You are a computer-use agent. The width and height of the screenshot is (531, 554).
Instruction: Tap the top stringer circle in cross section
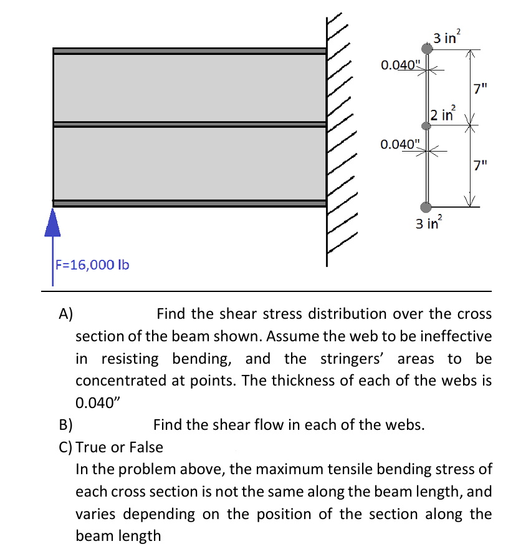pyautogui.click(x=426, y=48)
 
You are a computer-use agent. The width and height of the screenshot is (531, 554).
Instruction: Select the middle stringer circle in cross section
pyautogui.click(x=426, y=125)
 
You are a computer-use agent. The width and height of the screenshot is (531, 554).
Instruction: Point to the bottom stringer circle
pyautogui.click(x=426, y=207)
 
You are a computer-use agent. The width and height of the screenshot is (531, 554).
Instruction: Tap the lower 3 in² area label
pyautogui.click(x=429, y=223)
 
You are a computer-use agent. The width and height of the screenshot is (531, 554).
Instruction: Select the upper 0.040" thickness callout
pyautogui.click(x=401, y=64)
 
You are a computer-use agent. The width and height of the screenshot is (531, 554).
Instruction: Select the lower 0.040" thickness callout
pyautogui.click(x=401, y=145)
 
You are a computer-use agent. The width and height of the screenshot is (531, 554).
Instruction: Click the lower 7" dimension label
pyautogui.click(x=480, y=166)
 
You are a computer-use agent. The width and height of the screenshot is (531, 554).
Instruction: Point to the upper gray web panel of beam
pyautogui.click(x=189, y=88)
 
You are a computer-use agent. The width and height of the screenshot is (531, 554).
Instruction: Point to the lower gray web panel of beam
pyautogui.click(x=189, y=163)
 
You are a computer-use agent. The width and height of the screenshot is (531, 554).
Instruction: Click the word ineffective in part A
pyautogui.click(x=454, y=336)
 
